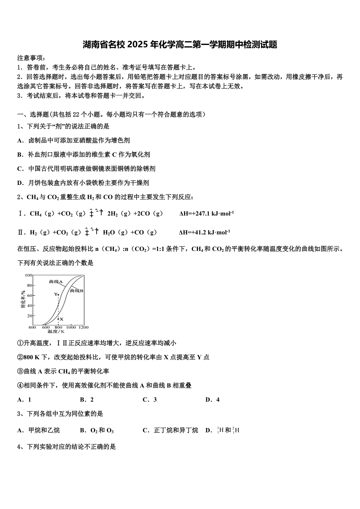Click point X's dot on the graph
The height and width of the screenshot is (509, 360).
(x=58, y=319)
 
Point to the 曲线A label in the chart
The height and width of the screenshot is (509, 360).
(x=56, y=281)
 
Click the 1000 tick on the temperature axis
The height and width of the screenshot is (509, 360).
(x=71, y=327)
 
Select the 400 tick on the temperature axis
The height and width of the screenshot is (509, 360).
(x=32, y=327)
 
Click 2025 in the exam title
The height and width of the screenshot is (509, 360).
(x=138, y=45)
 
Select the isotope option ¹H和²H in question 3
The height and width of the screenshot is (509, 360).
(x=228, y=430)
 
